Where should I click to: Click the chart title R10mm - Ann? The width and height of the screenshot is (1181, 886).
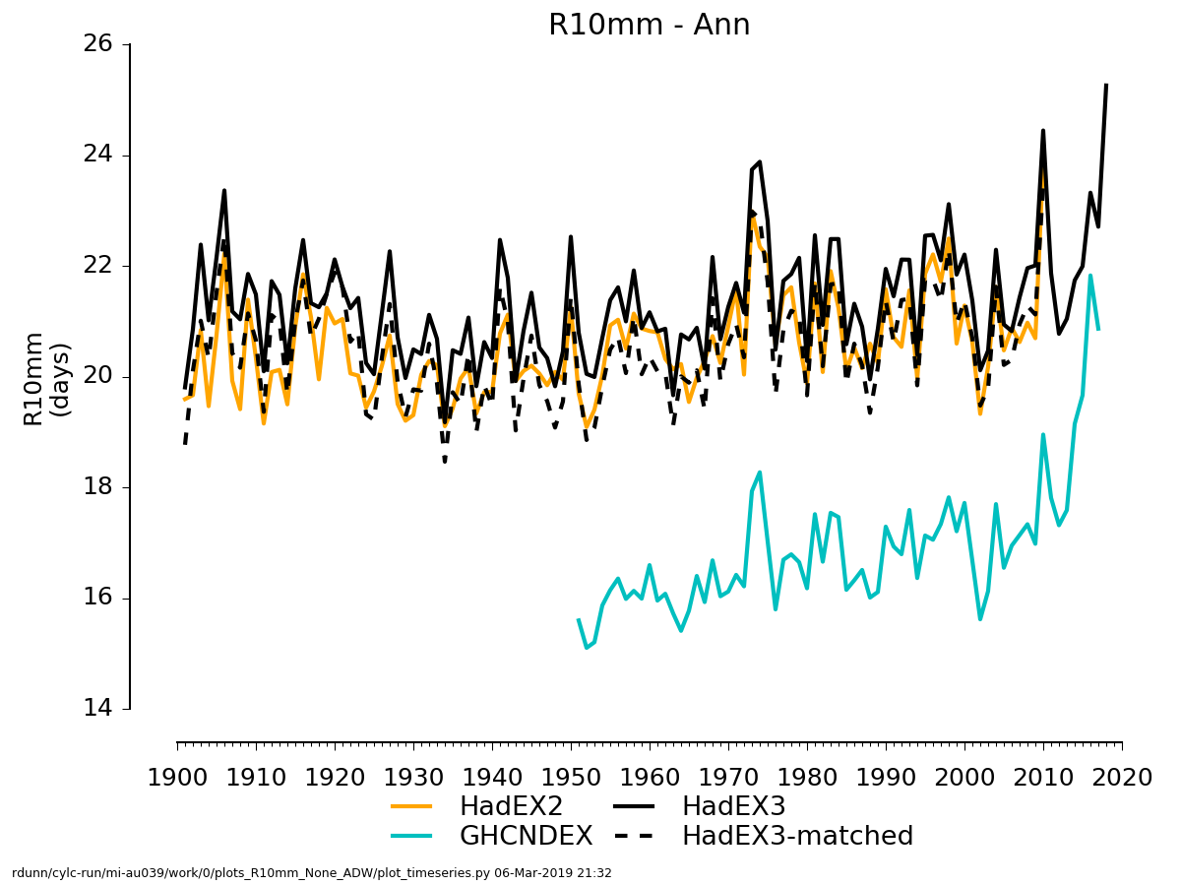[649, 25]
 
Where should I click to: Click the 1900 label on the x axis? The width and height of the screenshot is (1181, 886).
[177, 778]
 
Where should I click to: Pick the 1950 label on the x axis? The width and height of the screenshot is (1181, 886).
[572, 778]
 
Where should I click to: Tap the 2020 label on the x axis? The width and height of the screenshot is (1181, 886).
[1122, 778]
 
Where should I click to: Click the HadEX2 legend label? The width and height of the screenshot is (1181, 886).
[511, 806]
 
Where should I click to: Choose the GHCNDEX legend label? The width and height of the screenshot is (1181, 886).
[526, 836]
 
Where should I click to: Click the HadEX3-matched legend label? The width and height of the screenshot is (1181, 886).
[797, 836]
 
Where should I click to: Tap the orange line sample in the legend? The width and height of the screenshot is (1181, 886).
[412, 806]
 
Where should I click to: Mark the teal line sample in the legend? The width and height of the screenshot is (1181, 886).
[412, 836]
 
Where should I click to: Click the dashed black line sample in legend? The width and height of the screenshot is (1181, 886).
[635, 836]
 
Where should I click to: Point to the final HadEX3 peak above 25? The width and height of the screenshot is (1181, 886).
[1106, 85]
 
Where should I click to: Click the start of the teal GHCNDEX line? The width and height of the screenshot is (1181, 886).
[578, 619]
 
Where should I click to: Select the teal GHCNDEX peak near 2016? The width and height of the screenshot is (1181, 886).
[1090, 276]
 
